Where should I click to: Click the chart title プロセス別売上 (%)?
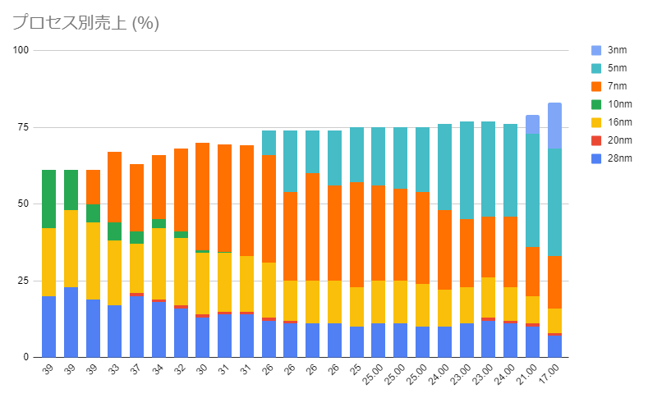(x=85, y=23)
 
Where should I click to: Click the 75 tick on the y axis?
(x=22, y=127)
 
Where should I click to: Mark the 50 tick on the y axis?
(x=22, y=204)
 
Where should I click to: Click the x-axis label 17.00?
(x=552, y=374)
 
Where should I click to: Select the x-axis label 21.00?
(x=530, y=374)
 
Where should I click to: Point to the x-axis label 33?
(x=114, y=370)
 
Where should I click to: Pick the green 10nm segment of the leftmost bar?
(x=48, y=199)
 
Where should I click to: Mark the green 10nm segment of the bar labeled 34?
(x=159, y=223)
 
